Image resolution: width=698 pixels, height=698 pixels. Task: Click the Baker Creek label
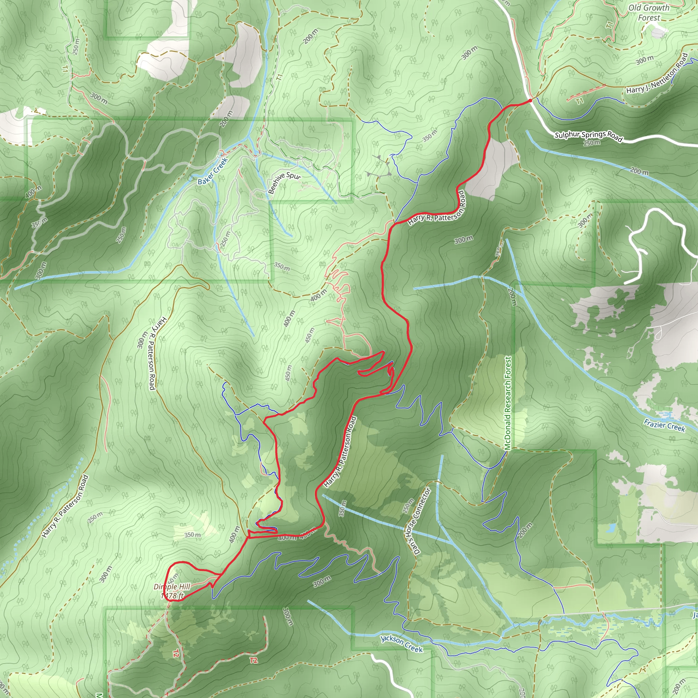[x=213, y=171]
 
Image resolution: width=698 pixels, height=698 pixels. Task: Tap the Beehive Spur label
[x=284, y=182]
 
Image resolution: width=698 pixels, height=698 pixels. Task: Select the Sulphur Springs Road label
[x=589, y=136]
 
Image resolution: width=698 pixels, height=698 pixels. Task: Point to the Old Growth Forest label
[x=649, y=13]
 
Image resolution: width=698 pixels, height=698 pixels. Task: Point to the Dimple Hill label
[x=172, y=591]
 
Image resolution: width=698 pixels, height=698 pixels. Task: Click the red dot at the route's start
[x=530, y=101]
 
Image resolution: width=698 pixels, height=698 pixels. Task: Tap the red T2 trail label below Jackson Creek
[x=253, y=661]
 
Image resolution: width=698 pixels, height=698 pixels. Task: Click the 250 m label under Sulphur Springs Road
[x=592, y=143]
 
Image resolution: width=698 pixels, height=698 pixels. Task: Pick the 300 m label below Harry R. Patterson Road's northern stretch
[x=464, y=240]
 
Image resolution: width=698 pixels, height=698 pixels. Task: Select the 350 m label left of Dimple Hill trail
[x=192, y=535]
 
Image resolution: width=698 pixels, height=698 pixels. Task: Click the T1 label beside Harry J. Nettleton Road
[x=579, y=101]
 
